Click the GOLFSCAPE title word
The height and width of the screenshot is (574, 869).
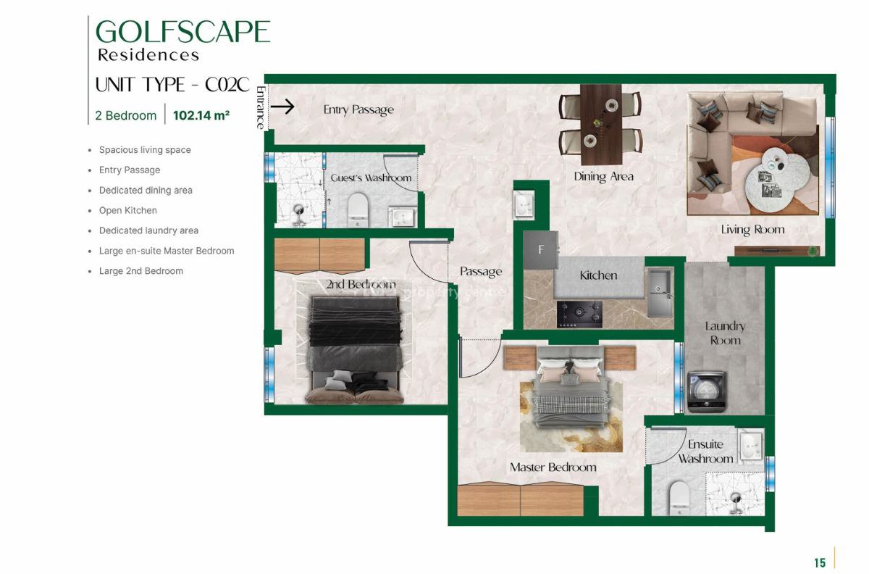point(183,32)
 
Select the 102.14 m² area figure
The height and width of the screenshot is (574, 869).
point(201,115)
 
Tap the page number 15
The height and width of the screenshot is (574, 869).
point(820,562)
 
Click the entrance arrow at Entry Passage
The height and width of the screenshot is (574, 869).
point(282,107)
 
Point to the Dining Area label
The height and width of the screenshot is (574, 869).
point(603,176)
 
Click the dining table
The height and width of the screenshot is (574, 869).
point(600,123)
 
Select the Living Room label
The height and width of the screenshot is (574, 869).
point(752,230)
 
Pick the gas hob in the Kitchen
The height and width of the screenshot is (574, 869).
point(579,313)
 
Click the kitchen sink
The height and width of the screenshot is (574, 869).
point(659,292)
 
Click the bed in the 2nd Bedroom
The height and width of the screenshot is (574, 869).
point(355,348)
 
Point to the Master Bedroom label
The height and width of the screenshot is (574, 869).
point(553,467)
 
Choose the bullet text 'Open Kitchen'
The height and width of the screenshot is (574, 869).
point(128,210)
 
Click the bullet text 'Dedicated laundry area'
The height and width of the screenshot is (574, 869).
point(148,230)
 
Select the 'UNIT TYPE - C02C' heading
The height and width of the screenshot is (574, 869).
point(172,85)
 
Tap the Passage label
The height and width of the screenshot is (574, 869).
point(481,272)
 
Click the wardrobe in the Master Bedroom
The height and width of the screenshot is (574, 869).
point(521,499)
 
